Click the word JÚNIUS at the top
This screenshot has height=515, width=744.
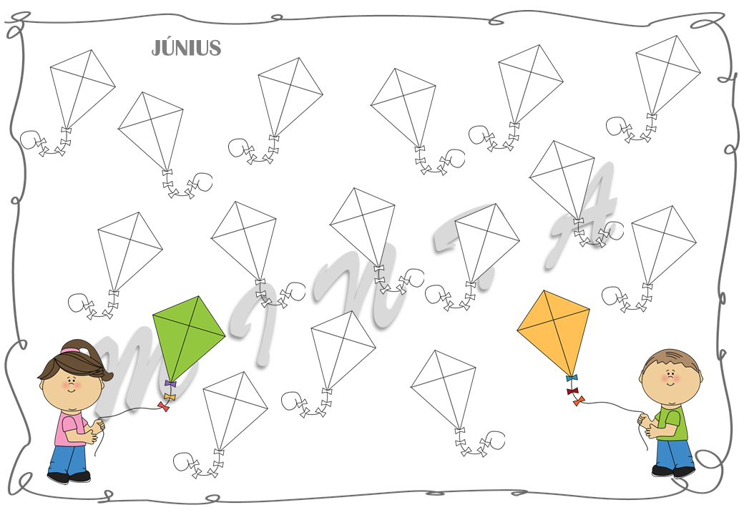186,48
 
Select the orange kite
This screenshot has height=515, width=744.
554,329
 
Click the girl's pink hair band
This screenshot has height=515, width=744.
72,350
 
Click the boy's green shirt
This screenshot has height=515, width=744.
673,422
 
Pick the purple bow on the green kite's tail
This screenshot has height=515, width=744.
170,384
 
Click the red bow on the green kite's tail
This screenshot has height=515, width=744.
164,407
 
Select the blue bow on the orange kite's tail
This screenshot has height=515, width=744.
571,378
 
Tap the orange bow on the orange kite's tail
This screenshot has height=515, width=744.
578,401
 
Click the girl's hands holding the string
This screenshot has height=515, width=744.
97,429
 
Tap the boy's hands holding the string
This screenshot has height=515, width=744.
646,424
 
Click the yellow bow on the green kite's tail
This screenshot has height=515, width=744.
169,396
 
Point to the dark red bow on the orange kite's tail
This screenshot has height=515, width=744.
572,391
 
